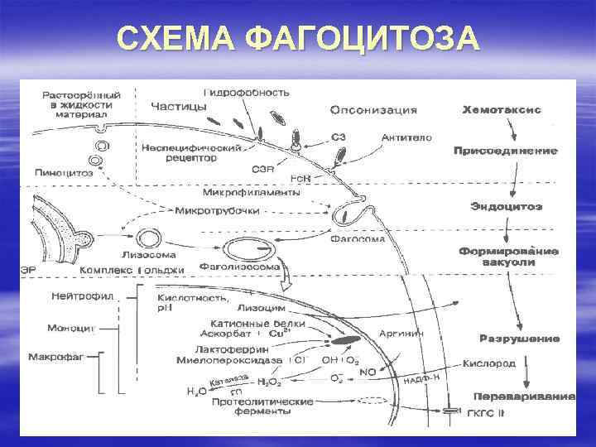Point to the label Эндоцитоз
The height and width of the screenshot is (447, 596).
(x=506, y=206)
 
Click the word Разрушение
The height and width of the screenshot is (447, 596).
(x=520, y=339)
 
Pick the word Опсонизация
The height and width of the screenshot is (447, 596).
(x=373, y=109)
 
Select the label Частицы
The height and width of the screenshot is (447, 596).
(x=174, y=106)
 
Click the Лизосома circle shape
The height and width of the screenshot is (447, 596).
(x=150, y=238)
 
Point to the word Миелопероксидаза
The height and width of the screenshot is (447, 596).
(x=230, y=361)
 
